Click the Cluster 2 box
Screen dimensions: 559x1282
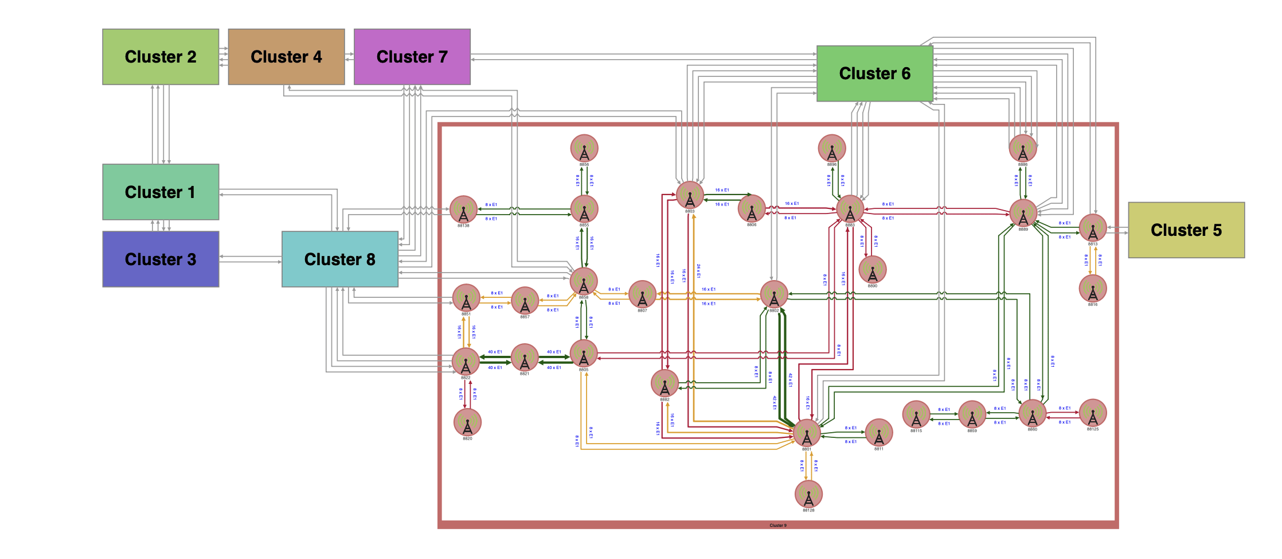point(161,57)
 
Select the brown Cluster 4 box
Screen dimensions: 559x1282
point(286,57)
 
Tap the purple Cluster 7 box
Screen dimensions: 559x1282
point(412,57)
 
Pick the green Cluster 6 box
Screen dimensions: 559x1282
point(874,73)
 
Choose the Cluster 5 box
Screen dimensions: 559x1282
point(1186,230)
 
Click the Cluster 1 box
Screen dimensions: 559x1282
point(161,192)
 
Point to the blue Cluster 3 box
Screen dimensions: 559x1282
point(161,259)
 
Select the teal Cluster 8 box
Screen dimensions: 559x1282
point(339,259)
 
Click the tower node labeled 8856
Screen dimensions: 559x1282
point(584,149)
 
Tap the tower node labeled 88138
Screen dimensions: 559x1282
point(463,210)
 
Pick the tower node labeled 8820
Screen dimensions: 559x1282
point(467,422)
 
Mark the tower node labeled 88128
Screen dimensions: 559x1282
point(808,494)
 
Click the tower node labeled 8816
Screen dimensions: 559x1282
point(1093,289)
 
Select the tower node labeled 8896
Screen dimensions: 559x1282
point(831,149)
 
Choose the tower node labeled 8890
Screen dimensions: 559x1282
point(872,270)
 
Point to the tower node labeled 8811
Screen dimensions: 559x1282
point(878,433)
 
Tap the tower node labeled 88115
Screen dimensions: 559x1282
point(916,414)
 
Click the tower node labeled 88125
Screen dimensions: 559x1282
point(1093,413)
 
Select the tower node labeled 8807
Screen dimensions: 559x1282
point(642,294)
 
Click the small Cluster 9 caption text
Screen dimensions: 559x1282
point(778,525)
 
